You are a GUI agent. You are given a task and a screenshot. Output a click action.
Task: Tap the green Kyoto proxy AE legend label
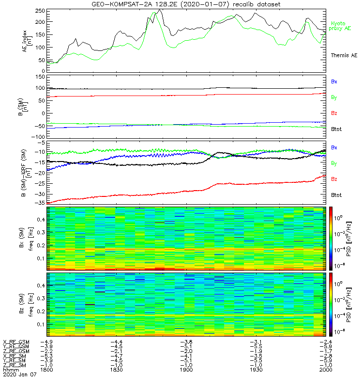tap(341, 26)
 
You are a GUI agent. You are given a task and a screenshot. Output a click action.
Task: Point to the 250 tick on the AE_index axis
tap(39, 10)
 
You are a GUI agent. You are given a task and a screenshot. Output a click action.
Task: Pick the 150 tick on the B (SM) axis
tap(39, 77)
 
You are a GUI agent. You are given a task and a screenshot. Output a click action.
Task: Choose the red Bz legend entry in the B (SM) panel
tap(334, 113)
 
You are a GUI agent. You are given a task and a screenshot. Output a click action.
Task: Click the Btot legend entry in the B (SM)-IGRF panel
tap(337, 194)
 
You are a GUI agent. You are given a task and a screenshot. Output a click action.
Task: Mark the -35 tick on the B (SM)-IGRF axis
tap(39, 203)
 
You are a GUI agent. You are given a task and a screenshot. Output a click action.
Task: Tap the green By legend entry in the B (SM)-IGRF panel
tap(334, 163)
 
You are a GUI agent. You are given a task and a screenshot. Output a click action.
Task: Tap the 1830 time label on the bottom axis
tap(117, 369)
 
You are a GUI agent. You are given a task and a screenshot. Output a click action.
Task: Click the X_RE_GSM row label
tap(16, 342)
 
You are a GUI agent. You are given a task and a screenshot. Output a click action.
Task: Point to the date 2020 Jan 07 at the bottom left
tap(19, 374)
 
